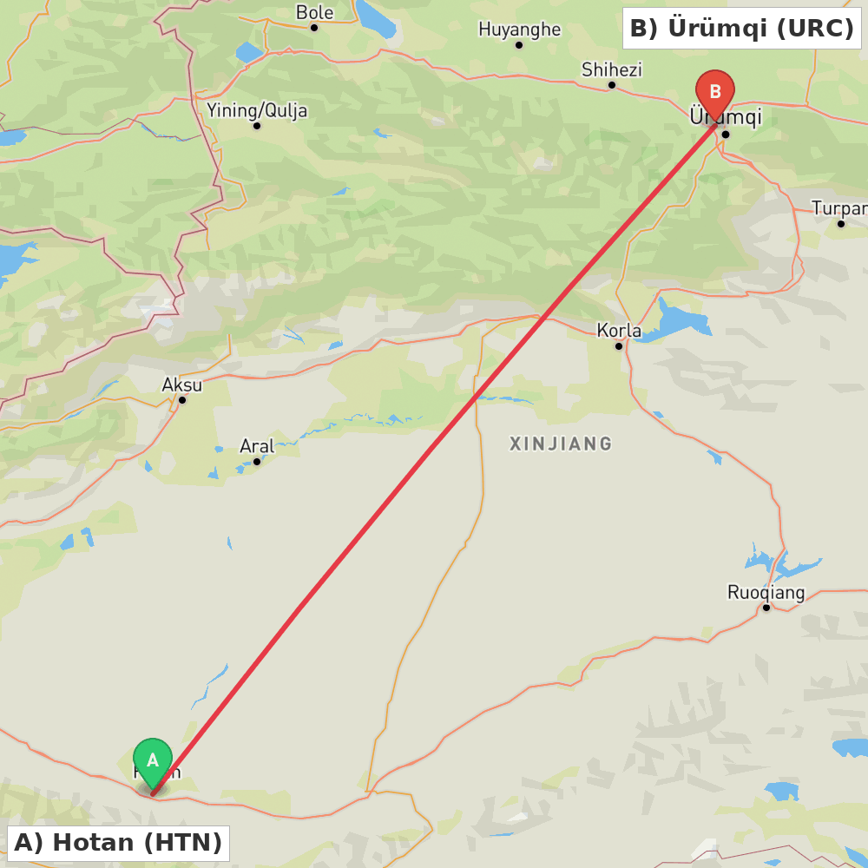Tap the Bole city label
[314, 12]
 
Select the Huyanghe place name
[519, 30]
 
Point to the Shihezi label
[611, 69]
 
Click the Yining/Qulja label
[257, 110]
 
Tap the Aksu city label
[182, 385]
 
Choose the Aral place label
[257, 446]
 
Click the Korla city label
[619, 331]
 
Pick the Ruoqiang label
[766, 593]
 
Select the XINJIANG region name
[561, 444]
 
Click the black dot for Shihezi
[612, 85]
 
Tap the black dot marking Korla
[619, 346]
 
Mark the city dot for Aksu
[182, 400]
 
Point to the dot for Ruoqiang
[766, 608]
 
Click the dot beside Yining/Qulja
[257, 126]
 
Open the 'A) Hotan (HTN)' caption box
[118, 843]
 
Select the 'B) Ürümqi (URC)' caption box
[741, 29]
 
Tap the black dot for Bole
[314, 28]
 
